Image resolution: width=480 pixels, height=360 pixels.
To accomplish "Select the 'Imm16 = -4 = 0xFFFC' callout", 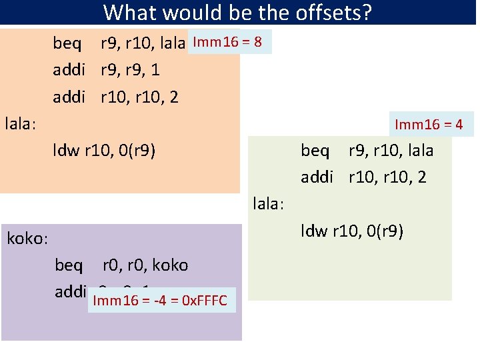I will pos(160,301).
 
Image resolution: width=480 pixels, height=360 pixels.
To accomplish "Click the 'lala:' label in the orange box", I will pos(20,124).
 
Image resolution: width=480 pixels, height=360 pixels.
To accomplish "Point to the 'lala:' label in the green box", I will pos(269,204).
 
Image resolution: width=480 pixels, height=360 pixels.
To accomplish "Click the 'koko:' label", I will pos(27,239).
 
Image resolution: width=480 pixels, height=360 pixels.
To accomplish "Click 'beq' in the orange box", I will pos(68,44).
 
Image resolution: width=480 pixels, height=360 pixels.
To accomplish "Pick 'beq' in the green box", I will pos(315,151).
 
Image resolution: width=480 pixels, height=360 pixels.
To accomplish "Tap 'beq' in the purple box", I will pos(69,265).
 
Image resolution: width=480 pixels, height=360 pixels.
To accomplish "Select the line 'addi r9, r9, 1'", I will pos(107,70).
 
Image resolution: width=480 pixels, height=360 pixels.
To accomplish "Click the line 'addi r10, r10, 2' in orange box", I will pos(116,97).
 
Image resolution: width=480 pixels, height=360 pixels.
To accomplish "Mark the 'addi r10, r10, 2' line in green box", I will pos(363,177).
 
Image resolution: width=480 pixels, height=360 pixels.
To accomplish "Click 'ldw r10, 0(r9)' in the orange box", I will pos(105,151).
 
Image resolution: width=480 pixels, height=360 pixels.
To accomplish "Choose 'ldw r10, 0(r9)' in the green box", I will pos(352,231).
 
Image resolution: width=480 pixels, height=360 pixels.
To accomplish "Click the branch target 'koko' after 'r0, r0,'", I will pos(170,265).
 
